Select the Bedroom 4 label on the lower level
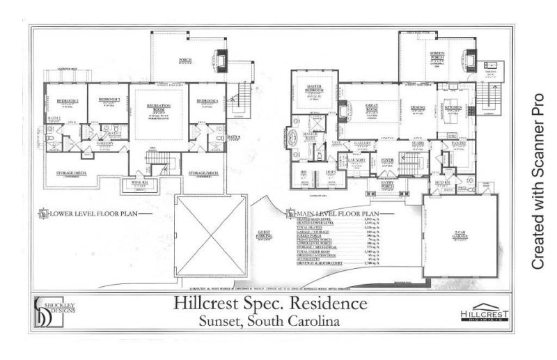[x=207, y=101]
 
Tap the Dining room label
[x=418, y=107]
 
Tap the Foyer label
[x=389, y=160]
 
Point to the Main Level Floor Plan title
[x=337, y=213]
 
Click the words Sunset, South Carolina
[x=268, y=322]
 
